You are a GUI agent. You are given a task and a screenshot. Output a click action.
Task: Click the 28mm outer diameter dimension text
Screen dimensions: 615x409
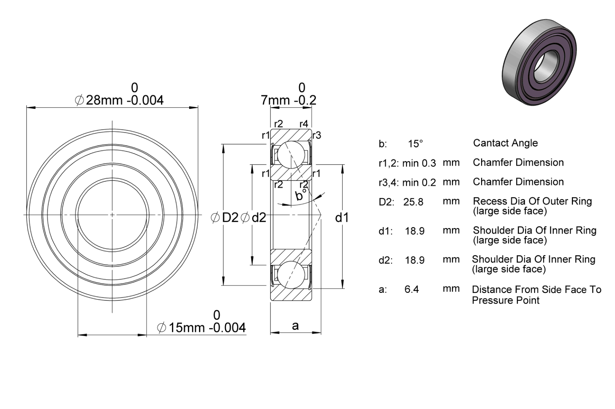pos(119,100)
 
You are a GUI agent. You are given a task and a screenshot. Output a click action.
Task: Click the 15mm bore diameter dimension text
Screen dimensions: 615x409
pos(201,328)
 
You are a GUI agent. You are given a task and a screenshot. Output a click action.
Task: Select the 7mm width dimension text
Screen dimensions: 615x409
pos(289,100)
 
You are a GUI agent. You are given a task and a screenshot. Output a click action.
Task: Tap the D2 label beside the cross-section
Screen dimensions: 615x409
pos(225,218)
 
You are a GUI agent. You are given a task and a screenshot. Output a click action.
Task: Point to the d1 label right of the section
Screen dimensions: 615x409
pos(342,218)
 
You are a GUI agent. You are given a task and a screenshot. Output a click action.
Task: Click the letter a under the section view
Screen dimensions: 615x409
pos(295,326)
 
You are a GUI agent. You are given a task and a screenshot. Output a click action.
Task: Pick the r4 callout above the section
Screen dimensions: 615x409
pos(304,124)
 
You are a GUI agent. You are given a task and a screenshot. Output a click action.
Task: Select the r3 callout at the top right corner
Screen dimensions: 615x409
pos(317,135)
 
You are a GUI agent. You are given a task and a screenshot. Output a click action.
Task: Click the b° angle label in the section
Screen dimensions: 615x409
pos(301,195)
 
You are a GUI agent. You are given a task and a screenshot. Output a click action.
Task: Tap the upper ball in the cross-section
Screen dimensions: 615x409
pos(291,154)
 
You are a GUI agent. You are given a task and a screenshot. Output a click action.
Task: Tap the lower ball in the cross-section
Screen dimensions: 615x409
pos(291,275)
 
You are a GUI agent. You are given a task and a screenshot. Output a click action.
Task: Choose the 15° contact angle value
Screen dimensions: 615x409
pos(415,144)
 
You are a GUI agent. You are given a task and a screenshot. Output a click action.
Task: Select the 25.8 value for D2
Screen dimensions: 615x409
pos(413,202)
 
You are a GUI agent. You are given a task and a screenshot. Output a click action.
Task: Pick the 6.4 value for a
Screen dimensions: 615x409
pos(412,289)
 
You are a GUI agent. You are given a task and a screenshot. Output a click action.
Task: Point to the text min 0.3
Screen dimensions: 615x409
pos(419,163)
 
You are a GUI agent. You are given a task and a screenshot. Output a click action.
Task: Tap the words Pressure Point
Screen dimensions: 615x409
pos(506,300)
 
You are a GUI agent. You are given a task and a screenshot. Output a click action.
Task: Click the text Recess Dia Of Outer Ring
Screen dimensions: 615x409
pos(533,201)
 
